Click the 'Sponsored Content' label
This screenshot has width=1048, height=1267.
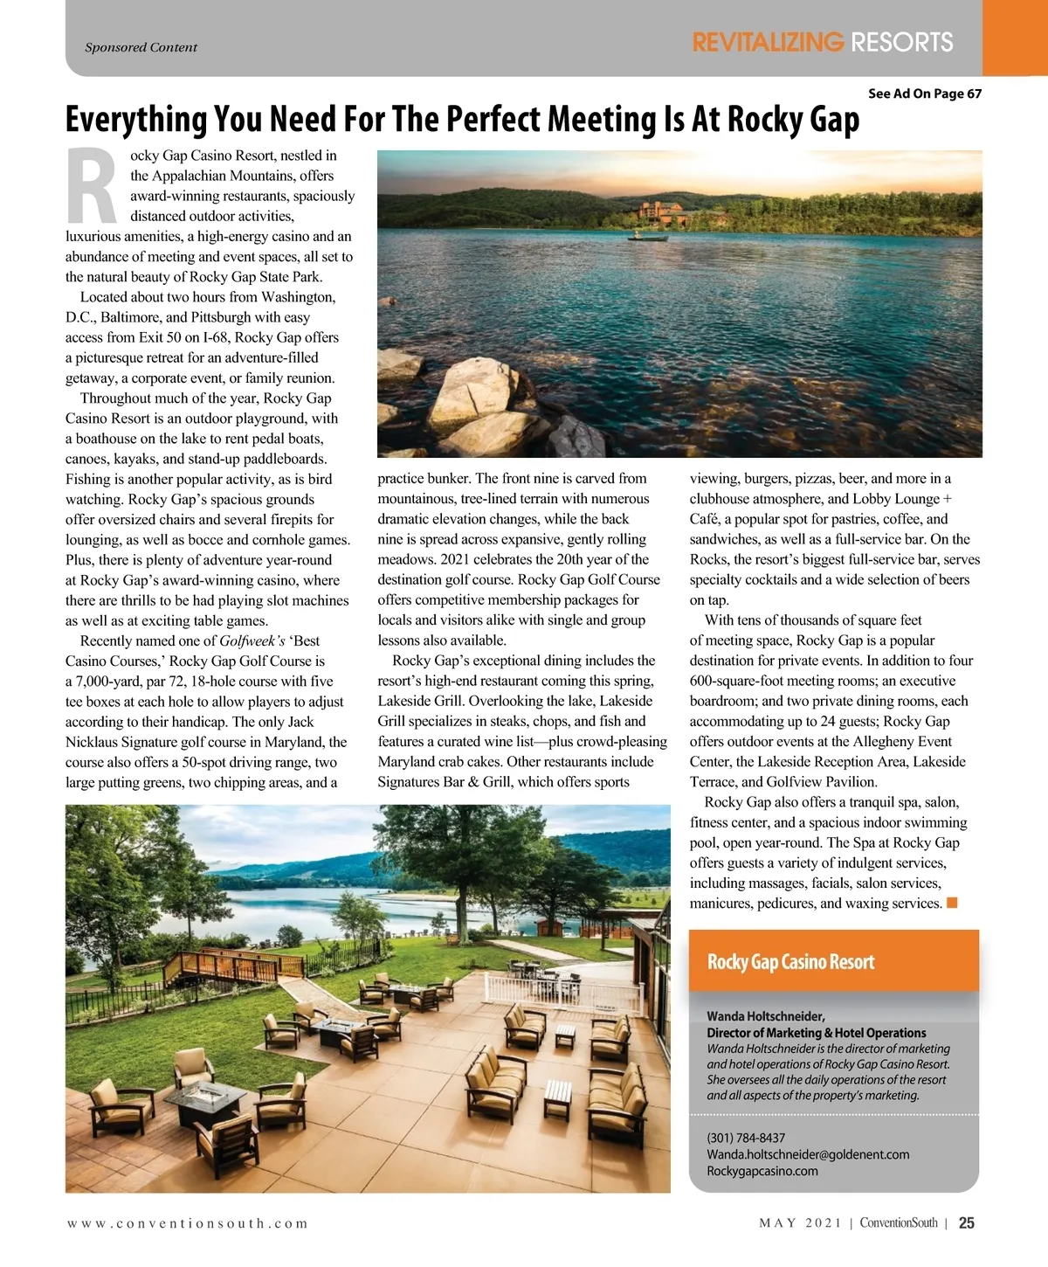coord(141,47)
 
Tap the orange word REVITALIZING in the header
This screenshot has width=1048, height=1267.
coord(768,42)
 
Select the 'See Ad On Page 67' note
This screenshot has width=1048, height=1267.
coord(924,93)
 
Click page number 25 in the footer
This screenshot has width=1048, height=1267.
coord(967,1223)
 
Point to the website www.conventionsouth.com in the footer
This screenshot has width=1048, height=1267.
coord(188,1223)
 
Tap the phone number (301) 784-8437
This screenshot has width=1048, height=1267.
coord(746,1138)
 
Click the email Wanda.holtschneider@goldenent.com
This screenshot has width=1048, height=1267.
coord(808,1154)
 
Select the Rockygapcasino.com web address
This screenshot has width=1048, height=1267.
coord(762,1171)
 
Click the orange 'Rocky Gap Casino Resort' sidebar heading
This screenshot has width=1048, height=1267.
coord(790,962)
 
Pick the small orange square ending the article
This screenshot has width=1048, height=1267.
coord(952,903)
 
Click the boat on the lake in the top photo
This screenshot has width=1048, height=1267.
coord(647,236)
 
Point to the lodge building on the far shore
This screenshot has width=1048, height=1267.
coord(660,211)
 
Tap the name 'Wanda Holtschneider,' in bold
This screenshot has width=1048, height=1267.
coord(765,1016)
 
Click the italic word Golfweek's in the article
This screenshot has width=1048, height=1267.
coord(252,640)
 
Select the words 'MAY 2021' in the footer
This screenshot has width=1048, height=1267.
coord(800,1223)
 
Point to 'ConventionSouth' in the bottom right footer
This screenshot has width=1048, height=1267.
coord(899,1223)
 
